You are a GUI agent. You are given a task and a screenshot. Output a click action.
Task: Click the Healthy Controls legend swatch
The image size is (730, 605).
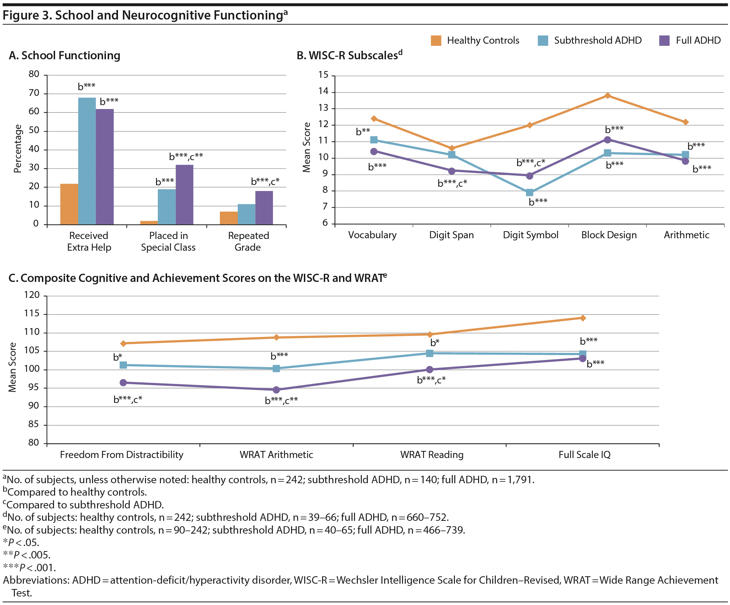click(x=436, y=40)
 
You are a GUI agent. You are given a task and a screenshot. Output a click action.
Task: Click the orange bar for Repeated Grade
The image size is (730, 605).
click(x=229, y=218)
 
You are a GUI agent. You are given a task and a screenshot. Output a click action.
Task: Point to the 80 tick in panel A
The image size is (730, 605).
click(x=34, y=74)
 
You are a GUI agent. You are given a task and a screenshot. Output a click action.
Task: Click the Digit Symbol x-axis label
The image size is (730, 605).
click(x=530, y=235)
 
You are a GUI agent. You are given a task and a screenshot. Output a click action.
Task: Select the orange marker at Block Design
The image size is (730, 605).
click(x=608, y=96)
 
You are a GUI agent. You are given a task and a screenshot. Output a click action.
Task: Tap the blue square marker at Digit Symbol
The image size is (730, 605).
click(x=530, y=192)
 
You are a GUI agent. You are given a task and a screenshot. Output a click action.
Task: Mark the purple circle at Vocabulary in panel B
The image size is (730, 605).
click(x=374, y=152)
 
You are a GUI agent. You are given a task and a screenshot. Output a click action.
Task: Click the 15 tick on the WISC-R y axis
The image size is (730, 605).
click(x=323, y=75)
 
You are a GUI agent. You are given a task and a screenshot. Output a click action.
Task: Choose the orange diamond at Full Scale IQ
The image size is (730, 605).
click(x=583, y=318)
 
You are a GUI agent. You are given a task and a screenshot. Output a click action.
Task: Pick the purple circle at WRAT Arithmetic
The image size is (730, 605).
click(x=276, y=390)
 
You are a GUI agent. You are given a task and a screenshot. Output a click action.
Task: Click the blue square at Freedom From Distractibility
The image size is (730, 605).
click(x=123, y=365)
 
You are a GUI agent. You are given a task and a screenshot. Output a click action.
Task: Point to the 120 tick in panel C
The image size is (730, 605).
click(x=32, y=295)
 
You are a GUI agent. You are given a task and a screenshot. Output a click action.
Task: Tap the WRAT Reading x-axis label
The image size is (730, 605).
click(x=432, y=455)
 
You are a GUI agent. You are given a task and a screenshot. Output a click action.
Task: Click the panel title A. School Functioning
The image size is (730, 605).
click(x=65, y=56)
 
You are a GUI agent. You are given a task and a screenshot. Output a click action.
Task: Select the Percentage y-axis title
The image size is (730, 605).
click(x=17, y=149)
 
